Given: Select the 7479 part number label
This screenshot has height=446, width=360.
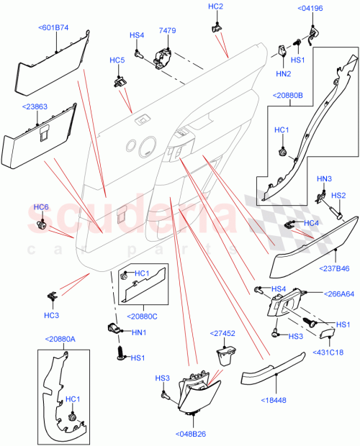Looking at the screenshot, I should tap(166, 31).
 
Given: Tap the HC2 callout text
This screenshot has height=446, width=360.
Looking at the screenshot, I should tap(215, 6).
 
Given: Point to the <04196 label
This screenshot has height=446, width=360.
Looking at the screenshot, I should tap(310, 8).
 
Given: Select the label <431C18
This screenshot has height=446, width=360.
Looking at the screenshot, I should tap(328, 352).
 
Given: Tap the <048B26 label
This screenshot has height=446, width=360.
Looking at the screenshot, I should tap(189, 434).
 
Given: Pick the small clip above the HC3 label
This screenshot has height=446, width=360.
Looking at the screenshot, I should tap(51, 295).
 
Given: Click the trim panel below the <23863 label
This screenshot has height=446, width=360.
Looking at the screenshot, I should tap(40, 140).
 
